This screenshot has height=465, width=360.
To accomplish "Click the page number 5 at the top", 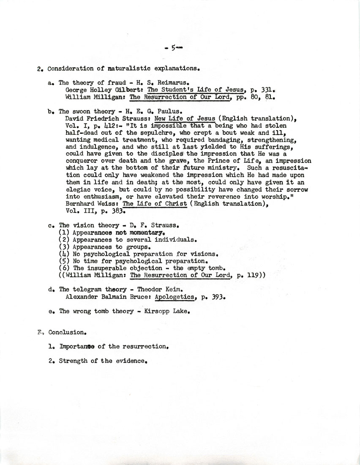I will pyautogui.click(x=173, y=49).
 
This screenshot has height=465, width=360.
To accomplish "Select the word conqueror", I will pyautogui.click(x=83, y=161).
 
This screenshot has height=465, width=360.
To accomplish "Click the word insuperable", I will pyautogui.click(x=109, y=268).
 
